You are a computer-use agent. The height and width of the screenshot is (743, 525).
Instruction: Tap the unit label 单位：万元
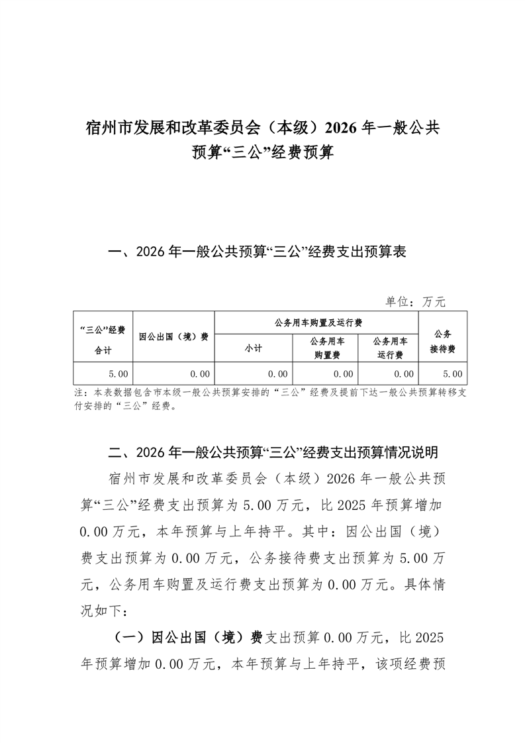pos(416,301)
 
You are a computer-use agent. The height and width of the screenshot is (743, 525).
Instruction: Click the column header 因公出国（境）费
pos(173,336)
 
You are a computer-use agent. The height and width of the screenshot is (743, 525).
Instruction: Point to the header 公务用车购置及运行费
pos(317,322)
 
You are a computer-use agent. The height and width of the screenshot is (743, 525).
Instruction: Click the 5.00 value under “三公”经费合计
pos(119,373)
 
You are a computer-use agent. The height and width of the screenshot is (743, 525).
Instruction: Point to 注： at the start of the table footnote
pos(81,392)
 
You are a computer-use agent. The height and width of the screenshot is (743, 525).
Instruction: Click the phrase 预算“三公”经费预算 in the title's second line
pos(262,154)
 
